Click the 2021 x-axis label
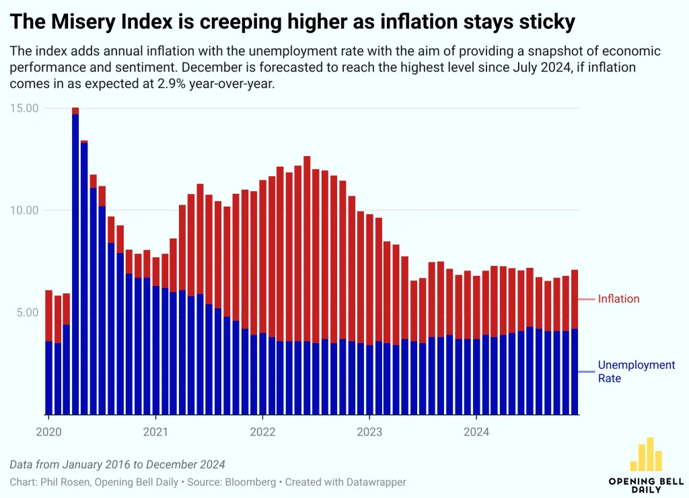tap(155, 431)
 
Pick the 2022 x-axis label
tap(262, 431)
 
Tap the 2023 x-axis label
tap(369, 431)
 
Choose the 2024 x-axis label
tap(476, 431)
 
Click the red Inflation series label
tap(618, 299)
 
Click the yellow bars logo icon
tap(646, 455)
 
